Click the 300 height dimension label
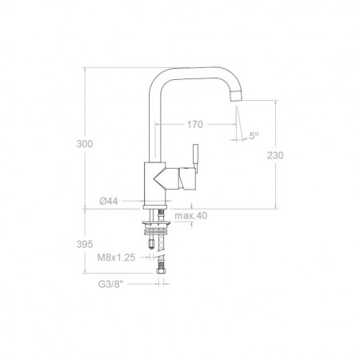click(x=85, y=144)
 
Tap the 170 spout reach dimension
click(x=194, y=125)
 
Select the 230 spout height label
click(x=275, y=155)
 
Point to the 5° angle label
click(x=254, y=136)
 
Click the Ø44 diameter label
click(x=109, y=201)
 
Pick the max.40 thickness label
click(x=191, y=215)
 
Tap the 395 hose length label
click(x=85, y=244)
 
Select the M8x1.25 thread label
click(x=116, y=258)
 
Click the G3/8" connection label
click(x=111, y=284)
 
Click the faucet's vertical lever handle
click(x=196, y=158)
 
